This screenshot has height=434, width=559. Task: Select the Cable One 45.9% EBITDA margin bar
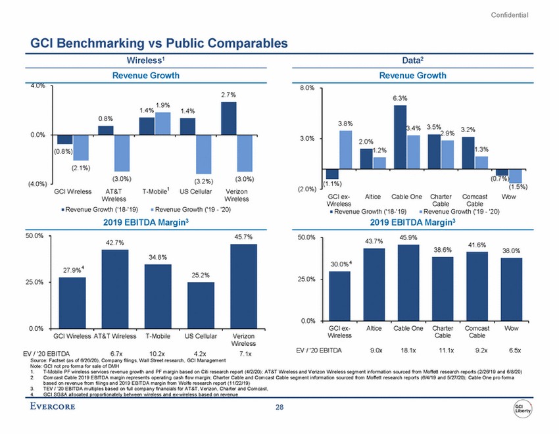(404, 282)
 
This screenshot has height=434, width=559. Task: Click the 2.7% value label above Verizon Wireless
(228, 95)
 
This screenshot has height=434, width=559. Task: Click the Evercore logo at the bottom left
(57, 407)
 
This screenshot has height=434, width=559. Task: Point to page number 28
(279, 409)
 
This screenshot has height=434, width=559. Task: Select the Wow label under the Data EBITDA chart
(508, 327)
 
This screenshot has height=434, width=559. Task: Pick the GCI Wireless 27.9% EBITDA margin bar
(72, 302)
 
